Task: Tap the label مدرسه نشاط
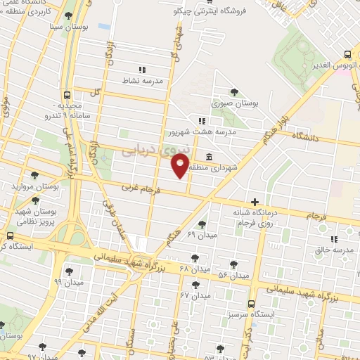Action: coord(143,81)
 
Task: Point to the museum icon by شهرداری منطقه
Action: coord(210,156)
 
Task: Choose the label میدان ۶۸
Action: coord(195,269)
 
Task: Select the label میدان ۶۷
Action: coord(195,295)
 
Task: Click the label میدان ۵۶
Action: coord(234,274)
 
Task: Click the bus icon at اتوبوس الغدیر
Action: coord(347,54)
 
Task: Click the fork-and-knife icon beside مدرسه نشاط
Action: coord(142,70)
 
